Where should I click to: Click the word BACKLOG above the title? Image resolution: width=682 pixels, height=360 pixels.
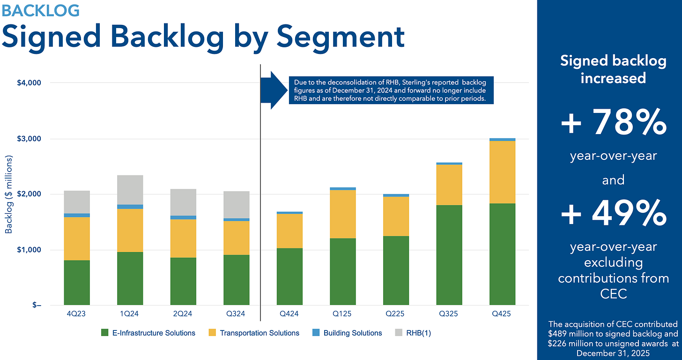tap(40, 10)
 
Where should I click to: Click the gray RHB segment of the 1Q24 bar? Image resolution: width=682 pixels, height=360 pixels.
tap(130, 190)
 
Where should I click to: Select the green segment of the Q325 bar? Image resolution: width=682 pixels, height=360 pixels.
tap(449, 255)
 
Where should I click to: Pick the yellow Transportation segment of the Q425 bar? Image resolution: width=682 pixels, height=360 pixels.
tap(502, 172)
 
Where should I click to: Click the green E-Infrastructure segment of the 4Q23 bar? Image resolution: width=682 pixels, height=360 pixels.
tap(77, 283)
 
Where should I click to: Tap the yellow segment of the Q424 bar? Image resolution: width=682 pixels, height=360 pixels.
tap(289, 231)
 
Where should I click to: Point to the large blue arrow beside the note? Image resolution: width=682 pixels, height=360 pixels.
tap(271, 90)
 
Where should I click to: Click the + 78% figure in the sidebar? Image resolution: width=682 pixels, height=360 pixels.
tap(613, 122)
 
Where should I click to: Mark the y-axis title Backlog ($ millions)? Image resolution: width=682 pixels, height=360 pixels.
tap(9, 194)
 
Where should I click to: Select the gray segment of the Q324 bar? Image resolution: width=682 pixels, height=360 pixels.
tap(236, 205)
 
